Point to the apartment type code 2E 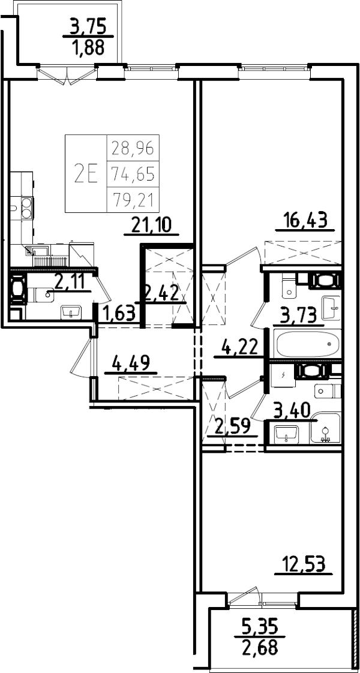click(x=86, y=174)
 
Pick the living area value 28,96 click(x=133, y=146)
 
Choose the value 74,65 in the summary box click(x=133, y=174)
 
